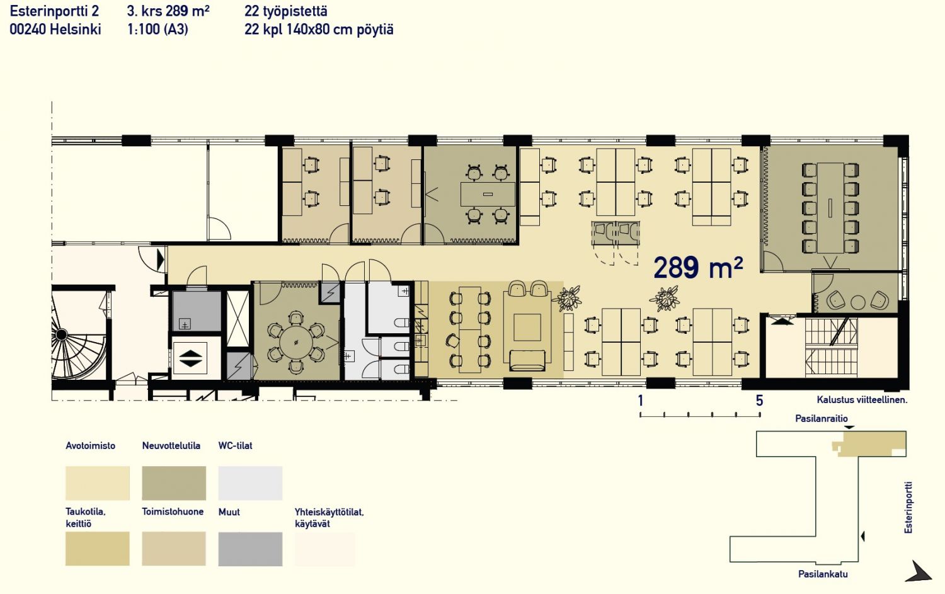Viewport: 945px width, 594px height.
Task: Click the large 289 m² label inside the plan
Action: coord(698,268)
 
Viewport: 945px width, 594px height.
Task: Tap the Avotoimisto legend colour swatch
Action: coord(98,483)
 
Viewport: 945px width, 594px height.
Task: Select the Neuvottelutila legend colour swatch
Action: coord(174,483)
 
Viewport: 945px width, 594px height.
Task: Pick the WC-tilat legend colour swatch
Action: coord(250,483)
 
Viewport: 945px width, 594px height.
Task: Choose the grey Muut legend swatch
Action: coord(250,549)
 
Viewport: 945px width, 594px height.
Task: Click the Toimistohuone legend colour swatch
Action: coord(174,549)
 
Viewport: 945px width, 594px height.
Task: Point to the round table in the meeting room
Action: coord(296,342)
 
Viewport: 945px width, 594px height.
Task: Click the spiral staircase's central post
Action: coord(62,334)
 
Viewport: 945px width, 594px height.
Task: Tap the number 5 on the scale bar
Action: coord(759,401)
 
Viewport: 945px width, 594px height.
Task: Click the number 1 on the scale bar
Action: coord(641,401)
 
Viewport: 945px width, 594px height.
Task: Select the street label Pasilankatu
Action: coord(823,574)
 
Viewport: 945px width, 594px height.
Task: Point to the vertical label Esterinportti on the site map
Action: coord(908,508)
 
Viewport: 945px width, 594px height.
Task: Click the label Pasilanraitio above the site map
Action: coord(822,418)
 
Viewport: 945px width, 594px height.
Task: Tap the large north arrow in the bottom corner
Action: coord(918,572)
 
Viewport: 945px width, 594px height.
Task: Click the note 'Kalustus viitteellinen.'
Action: coord(862,400)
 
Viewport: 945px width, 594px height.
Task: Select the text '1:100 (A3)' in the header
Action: coord(157,30)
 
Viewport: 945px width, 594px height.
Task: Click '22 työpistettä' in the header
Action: coord(285,11)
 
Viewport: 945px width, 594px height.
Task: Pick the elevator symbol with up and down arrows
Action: coord(190,358)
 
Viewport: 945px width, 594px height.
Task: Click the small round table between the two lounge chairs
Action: coord(857,302)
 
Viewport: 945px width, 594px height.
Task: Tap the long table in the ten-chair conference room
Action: coord(830,208)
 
